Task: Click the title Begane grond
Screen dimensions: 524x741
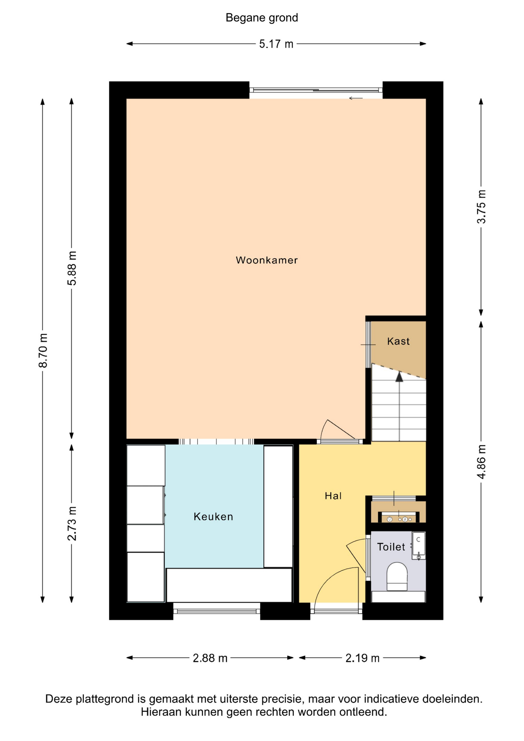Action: pos(262,18)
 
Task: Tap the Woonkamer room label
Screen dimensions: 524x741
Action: pos(267,260)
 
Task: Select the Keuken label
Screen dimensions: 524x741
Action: pos(213,516)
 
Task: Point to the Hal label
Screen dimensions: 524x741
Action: pos(333,496)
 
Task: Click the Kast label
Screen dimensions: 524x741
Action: pos(398,341)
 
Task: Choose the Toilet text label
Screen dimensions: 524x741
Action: pos(391,547)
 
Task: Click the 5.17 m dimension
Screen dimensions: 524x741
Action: pos(276,44)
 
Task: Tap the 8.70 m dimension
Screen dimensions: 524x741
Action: pos(43,350)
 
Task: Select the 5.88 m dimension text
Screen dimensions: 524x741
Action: pos(72,268)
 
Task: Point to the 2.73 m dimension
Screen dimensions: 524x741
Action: pos(72,523)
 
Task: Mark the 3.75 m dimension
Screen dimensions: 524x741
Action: pos(481,206)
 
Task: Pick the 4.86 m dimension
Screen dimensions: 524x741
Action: pos(481,462)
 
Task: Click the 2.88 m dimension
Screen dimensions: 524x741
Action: pos(210,658)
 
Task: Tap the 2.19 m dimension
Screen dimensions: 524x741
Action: pos(362,658)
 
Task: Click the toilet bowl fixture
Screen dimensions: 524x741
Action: pos(397,576)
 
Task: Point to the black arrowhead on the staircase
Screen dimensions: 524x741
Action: pos(399,377)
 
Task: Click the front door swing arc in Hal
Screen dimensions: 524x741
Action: pos(332,579)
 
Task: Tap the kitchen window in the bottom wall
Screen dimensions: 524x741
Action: pos(216,611)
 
